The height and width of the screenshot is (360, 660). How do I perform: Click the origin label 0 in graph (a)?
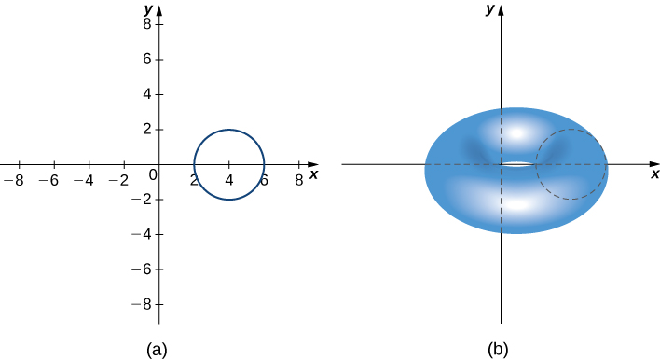click(x=154, y=174)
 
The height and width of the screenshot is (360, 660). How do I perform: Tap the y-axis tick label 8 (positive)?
click(x=147, y=23)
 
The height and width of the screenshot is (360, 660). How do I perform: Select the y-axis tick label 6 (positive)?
click(x=147, y=59)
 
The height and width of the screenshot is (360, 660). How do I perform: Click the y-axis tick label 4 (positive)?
click(x=147, y=94)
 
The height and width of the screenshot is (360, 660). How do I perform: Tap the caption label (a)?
click(x=157, y=350)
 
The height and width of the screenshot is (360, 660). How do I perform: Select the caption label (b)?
click(x=498, y=350)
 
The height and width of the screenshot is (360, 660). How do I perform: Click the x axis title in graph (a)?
click(x=314, y=174)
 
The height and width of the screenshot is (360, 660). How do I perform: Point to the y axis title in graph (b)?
click(x=489, y=8)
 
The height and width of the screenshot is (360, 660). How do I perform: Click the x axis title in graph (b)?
click(x=655, y=174)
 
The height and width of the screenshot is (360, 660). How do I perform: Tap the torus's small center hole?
click(x=519, y=165)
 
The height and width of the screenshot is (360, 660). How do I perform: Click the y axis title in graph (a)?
click(x=148, y=7)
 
